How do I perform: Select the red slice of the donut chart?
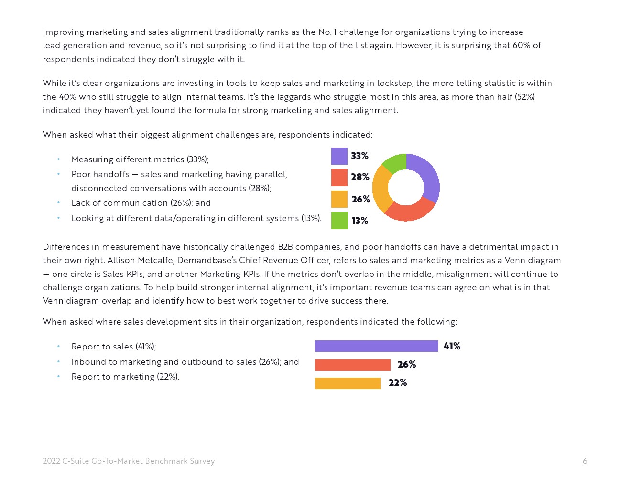coord(409,211)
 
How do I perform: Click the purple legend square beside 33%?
coord(339,156)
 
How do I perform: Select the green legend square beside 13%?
coord(339,221)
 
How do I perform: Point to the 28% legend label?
coord(360,177)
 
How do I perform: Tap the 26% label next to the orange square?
coord(361,199)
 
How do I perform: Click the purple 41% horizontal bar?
coord(376,346)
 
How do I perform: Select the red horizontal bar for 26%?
coord(352,365)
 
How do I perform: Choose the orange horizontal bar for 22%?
coord(348,383)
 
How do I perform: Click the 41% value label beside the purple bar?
coord(452,346)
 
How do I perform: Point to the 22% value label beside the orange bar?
coord(398,383)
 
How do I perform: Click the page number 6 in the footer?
coord(585,461)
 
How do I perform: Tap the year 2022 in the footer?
coord(51,461)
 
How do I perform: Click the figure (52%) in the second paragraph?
coord(524,97)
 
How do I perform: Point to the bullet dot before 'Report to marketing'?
coord(59,376)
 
